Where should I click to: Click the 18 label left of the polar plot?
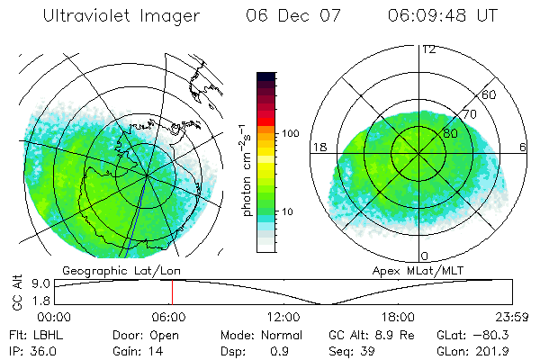point(318,147)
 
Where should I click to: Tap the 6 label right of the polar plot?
point(523,147)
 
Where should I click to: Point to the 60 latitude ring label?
point(490,94)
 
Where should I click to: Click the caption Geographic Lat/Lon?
point(104,270)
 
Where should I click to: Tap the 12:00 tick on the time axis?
point(283,317)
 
